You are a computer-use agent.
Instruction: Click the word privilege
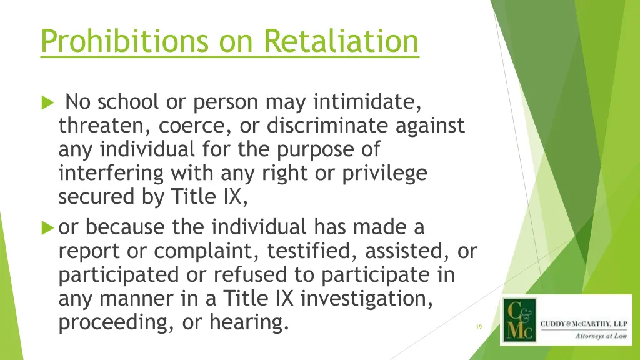click(x=385, y=174)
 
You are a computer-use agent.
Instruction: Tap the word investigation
click(x=366, y=299)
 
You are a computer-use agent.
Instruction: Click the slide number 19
click(x=479, y=327)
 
